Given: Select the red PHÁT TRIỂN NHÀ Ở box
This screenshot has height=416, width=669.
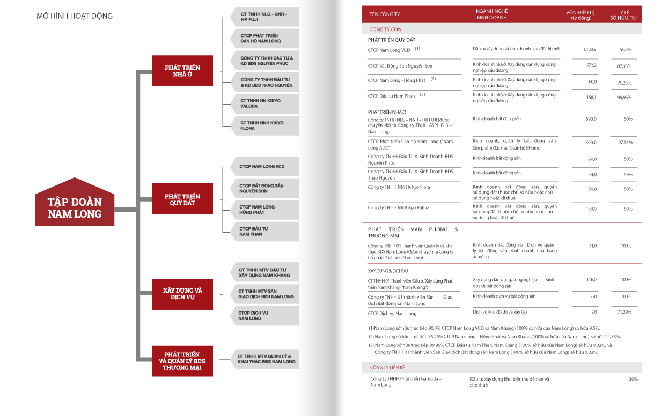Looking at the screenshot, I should pos(182,71).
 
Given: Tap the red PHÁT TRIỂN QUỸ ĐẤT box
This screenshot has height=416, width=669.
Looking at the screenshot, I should pos(182,200).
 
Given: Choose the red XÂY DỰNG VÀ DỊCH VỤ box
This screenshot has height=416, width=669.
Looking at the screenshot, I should pos(182,294).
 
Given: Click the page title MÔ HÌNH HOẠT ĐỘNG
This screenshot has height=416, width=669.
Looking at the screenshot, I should pos(75,16).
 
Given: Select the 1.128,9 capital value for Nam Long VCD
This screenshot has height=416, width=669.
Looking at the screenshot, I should pos(589,49).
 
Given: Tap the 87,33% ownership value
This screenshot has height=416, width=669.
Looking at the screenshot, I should pos(624,66).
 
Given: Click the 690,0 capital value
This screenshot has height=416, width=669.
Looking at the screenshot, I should pos(591,119).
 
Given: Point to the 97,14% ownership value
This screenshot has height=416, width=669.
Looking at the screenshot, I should pos(625,143).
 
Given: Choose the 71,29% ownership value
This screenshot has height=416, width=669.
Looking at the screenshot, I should pos(624,311).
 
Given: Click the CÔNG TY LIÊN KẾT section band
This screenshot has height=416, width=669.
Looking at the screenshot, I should pos(502,367).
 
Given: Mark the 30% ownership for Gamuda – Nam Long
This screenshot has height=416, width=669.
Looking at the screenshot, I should pos(633,379).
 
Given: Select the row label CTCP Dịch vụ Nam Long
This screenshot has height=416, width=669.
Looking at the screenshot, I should pos(392,313).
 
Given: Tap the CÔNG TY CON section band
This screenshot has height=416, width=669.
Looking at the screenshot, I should pos(502,29).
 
